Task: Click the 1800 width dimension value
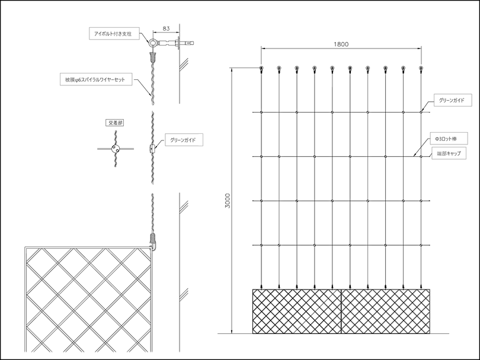(341, 44)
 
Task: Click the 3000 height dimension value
(228, 200)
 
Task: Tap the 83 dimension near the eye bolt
(166, 28)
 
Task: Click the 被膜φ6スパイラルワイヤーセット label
(96, 79)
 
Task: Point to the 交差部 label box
(114, 123)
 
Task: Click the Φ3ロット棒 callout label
(449, 139)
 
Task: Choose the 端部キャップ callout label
(449, 153)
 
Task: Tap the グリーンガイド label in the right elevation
(453, 100)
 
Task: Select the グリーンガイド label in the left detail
(184, 140)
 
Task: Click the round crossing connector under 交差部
(116, 149)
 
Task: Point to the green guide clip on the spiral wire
(152, 149)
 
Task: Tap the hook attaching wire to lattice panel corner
(152, 246)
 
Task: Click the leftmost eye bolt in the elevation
(261, 68)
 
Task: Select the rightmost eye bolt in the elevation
(421, 68)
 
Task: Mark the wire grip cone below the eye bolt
(153, 56)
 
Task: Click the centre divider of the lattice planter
(341, 311)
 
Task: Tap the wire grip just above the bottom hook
(153, 237)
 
